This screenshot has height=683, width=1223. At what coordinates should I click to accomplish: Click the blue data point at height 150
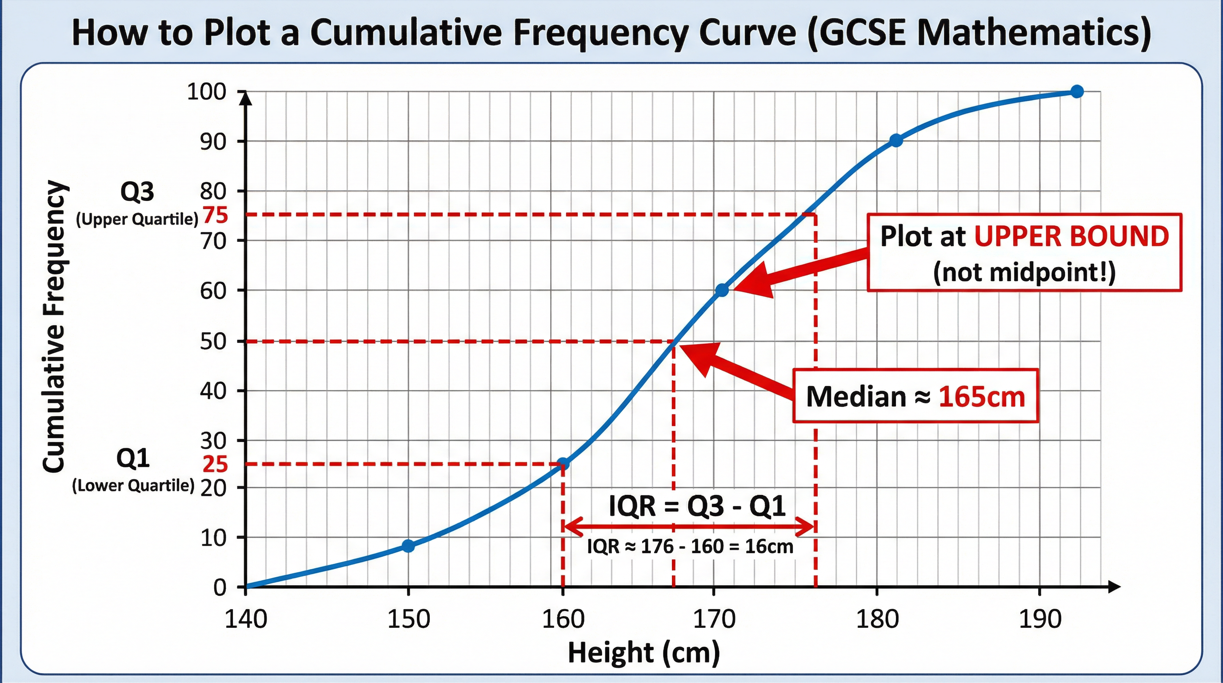(408, 546)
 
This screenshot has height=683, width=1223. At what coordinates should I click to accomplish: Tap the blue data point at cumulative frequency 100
(1077, 91)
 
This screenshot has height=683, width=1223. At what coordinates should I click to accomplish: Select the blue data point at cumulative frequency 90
(896, 141)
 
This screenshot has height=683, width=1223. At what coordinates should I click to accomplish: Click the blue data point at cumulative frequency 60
(722, 290)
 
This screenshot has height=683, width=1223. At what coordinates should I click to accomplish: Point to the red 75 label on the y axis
(216, 216)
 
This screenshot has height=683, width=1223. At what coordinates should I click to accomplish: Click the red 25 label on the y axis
(215, 464)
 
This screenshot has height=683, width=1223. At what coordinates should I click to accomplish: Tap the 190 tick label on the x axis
(1040, 619)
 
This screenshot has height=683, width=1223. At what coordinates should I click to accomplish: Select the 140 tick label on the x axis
(245, 619)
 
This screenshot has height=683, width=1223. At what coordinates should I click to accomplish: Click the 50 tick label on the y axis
(213, 341)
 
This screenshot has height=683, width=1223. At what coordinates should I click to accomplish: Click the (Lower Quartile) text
(133, 486)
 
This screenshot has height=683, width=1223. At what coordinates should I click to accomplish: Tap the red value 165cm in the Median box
(982, 396)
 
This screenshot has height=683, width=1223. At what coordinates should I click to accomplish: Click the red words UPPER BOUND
(1071, 236)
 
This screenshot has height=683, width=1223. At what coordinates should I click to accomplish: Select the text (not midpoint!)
(1024, 272)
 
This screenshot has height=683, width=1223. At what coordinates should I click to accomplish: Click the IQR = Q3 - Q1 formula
(697, 506)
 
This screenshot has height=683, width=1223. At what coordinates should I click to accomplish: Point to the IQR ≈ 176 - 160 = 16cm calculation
(690, 546)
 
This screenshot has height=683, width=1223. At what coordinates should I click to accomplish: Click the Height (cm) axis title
(644, 652)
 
